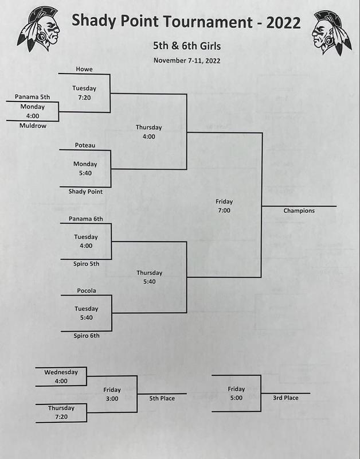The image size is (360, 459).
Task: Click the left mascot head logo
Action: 38,29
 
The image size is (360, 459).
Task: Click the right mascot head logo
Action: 332,33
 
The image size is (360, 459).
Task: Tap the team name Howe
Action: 84,69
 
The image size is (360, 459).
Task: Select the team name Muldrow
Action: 33,126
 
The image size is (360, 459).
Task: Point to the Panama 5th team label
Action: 33,97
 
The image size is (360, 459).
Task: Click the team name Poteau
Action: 85,145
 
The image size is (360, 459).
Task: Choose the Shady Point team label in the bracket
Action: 85,192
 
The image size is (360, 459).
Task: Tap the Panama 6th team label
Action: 86,219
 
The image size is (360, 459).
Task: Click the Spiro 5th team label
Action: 86,264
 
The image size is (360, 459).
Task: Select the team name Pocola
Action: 87,291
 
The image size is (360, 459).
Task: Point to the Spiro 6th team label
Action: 87,336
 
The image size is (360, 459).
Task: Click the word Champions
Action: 299,211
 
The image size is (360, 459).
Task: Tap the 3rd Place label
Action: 285,398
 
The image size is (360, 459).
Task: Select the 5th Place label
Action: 162,398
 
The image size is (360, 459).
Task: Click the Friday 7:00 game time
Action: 224,206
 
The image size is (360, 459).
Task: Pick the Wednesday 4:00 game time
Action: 61,376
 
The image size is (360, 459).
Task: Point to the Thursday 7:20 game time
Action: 61,412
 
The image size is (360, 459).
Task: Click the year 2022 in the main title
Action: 283,22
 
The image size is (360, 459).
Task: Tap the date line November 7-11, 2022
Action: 187,61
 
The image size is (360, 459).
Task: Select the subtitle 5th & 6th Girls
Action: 187,46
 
